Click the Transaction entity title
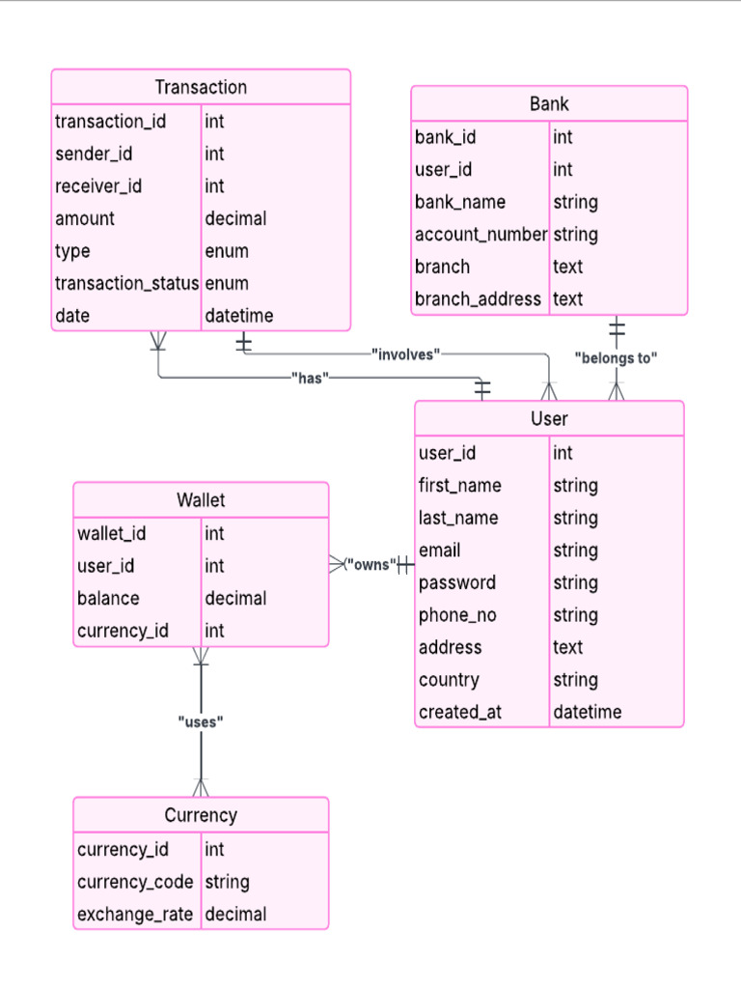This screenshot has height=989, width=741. [x=201, y=87]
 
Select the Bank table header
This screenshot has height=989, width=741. [x=549, y=103]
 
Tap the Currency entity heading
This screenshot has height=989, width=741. [x=201, y=815]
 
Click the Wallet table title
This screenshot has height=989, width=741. [x=201, y=500]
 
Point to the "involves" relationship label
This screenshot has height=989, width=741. [x=405, y=354]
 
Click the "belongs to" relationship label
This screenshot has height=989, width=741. [x=616, y=358]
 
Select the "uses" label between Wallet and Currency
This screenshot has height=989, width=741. [x=201, y=721]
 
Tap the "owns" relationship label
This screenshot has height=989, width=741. [x=370, y=564]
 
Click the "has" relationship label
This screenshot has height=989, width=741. [x=309, y=378]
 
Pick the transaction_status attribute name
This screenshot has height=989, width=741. [x=126, y=283]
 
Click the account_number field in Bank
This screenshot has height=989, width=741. [x=480, y=234]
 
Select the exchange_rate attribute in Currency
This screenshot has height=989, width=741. [x=135, y=914]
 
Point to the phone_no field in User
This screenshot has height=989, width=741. [x=457, y=615]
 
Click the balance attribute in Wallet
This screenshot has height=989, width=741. [x=108, y=598]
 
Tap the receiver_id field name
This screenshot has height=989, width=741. [x=98, y=185]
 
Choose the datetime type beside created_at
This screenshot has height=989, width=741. [x=587, y=712]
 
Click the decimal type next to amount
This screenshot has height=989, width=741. [x=235, y=218]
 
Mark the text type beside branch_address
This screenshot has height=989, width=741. [x=567, y=298]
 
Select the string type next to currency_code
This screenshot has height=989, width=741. [x=227, y=882]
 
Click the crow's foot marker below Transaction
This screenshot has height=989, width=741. [x=158, y=341]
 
